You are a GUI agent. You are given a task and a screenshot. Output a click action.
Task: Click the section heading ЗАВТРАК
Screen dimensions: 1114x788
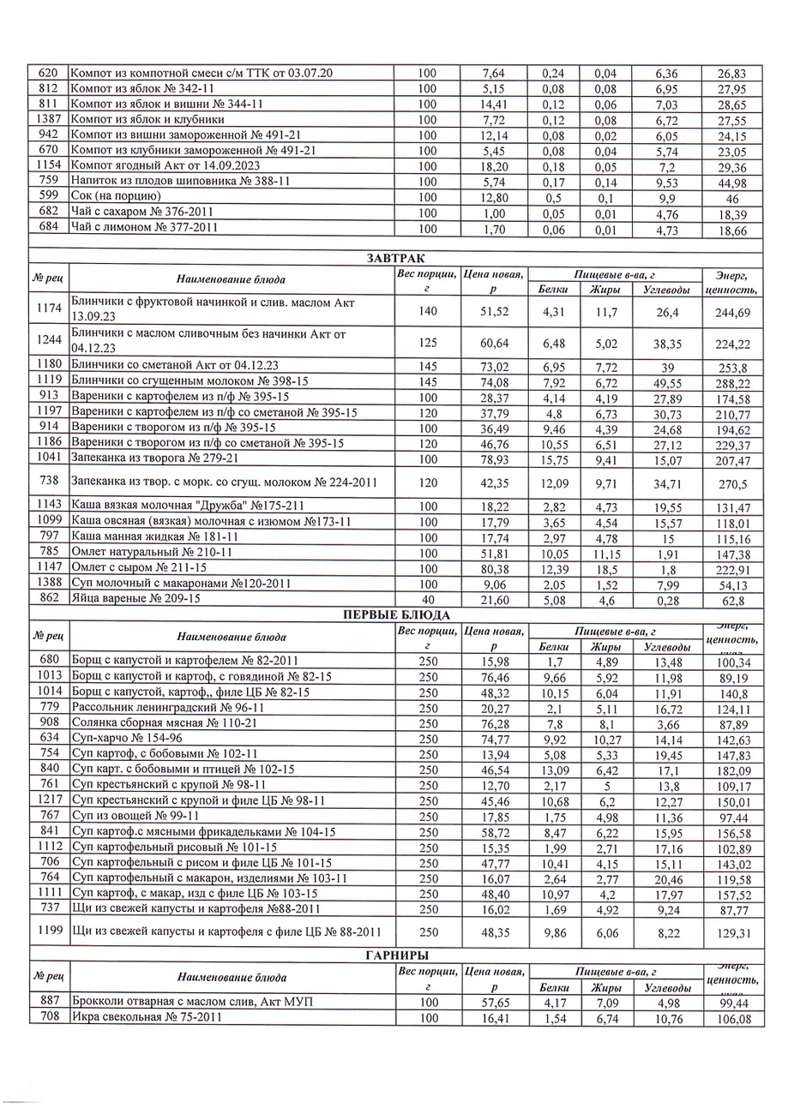click(394, 258)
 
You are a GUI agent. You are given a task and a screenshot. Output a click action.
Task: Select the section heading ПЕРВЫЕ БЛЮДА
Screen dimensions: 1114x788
click(394, 614)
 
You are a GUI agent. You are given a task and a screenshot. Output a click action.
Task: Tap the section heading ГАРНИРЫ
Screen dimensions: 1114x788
click(394, 955)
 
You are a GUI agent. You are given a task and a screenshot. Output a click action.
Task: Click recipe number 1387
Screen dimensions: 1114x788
click(48, 120)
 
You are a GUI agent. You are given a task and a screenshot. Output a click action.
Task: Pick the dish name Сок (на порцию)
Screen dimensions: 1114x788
click(116, 196)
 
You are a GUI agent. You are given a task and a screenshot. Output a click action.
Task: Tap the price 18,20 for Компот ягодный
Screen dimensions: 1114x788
click(493, 166)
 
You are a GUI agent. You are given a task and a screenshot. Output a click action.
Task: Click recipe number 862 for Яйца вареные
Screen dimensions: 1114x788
click(48, 599)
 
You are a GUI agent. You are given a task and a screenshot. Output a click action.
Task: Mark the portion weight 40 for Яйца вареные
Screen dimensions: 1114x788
click(427, 599)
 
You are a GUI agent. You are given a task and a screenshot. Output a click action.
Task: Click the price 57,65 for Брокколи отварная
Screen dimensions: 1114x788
click(493, 1003)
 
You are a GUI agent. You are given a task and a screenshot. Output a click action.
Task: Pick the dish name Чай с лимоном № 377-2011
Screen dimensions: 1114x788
click(142, 228)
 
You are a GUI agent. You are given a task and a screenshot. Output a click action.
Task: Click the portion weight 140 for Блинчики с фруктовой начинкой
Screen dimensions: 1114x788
click(427, 311)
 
